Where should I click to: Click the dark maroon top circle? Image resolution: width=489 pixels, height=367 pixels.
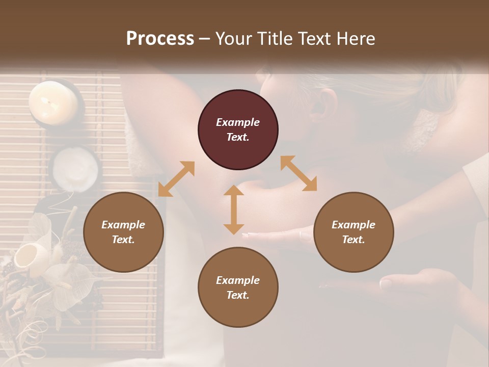238,130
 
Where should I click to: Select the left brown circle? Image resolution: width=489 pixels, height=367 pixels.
123,232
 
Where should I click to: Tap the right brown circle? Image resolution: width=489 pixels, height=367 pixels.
354,232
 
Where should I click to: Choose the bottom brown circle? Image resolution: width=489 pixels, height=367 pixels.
238,287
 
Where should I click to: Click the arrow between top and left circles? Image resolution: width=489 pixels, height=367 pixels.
176,179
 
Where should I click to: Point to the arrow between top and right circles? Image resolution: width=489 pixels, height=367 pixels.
298,173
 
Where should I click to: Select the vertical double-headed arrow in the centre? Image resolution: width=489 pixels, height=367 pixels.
234,209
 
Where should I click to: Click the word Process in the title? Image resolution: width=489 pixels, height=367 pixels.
160,38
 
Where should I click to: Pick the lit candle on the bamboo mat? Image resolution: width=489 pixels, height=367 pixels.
53,101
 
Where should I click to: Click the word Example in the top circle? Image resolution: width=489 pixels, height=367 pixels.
238,122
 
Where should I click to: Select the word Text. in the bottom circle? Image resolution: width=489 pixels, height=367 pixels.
238,295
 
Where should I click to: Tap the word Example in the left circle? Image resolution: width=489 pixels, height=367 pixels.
123,225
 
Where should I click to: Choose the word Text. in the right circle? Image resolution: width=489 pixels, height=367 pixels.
354,240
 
